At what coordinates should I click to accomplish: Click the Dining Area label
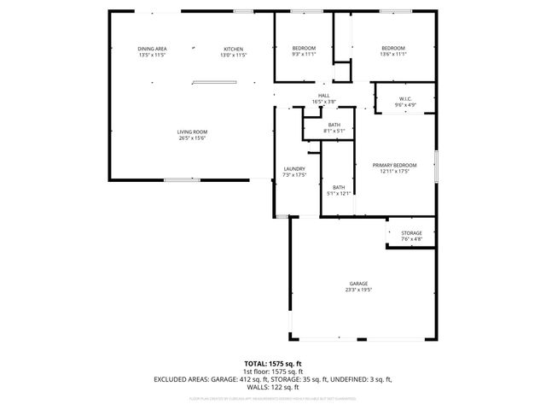[152, 48]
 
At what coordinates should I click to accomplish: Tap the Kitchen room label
[234, 48]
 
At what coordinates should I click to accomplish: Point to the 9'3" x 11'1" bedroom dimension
[304, 55]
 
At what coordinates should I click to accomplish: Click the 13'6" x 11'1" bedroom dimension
[392, 55]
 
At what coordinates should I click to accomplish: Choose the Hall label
[323, 95]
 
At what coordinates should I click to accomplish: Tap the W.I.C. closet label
[404, 99]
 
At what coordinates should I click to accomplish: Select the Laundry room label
[293, 168]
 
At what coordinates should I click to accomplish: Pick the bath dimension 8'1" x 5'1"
[334, 132]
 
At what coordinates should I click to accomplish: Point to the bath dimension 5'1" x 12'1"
[339, 194]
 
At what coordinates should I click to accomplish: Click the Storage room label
[412, 232]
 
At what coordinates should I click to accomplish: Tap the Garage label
[357, 284]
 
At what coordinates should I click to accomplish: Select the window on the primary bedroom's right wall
[436, 165]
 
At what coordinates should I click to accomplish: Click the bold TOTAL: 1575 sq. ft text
[272, 364]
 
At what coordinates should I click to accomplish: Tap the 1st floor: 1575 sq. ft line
[272, 372]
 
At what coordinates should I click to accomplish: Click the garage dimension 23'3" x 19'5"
[357, 290]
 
